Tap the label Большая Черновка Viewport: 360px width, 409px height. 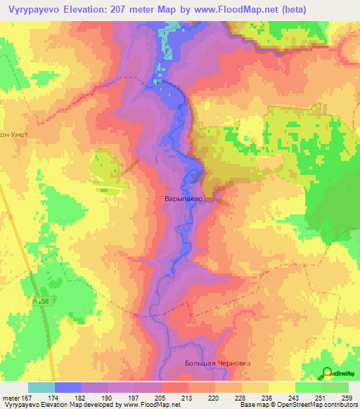[217, 363]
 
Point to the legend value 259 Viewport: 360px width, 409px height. [348, 397]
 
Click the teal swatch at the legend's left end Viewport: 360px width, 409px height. [41, 387]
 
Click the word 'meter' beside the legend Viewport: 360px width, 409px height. [11, 397]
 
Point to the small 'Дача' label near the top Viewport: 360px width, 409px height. [258, 26]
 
